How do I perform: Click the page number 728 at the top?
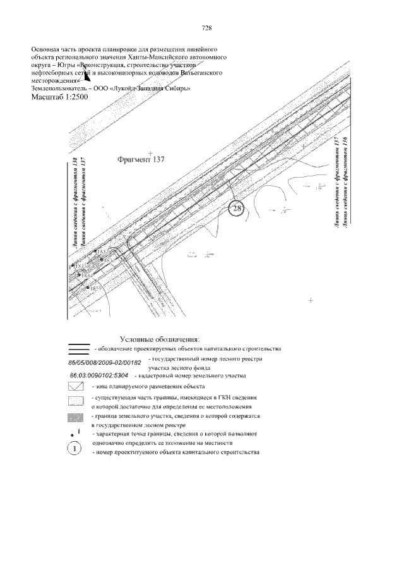206,28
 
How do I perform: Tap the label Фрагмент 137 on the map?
141,160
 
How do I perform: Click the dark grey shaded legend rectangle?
76,418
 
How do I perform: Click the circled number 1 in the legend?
74,449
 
